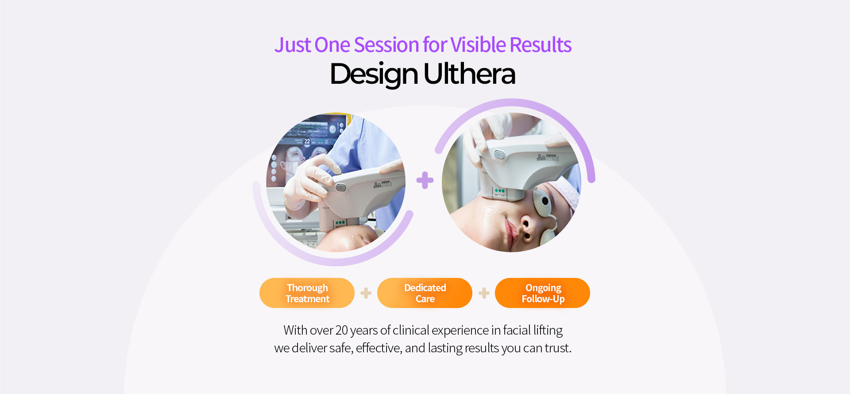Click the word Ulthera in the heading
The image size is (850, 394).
click(x=469, y=74)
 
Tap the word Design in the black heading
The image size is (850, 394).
click(x=374, y=74)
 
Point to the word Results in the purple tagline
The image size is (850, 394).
click(x=541, y=45)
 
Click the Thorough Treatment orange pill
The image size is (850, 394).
click(x=307, y=293)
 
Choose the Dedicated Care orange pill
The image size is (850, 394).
click(x=425, y=293)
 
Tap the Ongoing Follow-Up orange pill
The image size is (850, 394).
click(x=542, y=293)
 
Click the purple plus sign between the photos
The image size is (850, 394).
click(x=425, y=180)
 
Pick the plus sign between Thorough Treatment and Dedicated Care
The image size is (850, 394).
click(x=366, y=293)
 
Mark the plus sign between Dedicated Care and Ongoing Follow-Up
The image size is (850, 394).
click(x=484, y=293)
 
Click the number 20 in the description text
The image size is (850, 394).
click(x=342, y=330)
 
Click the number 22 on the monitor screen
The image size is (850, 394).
click(x=307, y=141)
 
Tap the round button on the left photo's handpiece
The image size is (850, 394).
click(x=340, y=187)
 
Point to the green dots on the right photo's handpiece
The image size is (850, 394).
click(x=500, y=191)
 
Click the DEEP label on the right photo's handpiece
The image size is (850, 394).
click(x=551, y=156)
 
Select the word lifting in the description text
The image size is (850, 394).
click(x=548, y=331)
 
